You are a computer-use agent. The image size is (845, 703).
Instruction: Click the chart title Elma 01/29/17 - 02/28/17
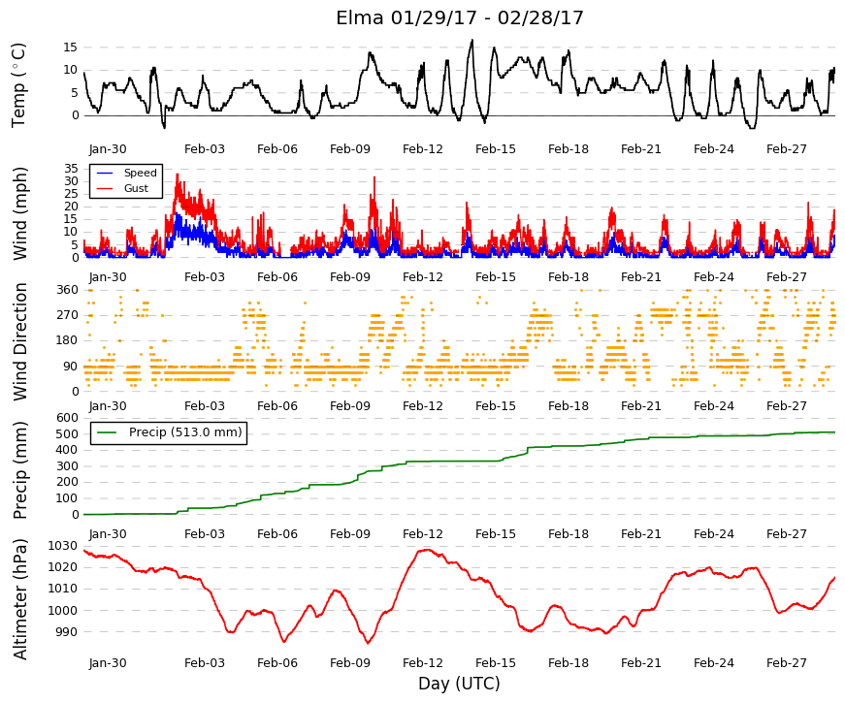(x=460, y=17)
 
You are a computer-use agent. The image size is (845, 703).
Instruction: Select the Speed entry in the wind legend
(x=140, y=173)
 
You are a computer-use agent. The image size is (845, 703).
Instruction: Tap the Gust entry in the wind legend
(x=136, y=188)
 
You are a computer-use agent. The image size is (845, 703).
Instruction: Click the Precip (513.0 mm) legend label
(x=185, y=432)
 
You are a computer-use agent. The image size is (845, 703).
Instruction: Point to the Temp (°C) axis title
(x=18, y=85)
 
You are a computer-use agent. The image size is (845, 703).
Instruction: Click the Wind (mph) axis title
(x=20, y=213)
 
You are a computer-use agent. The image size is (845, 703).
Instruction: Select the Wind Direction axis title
(x=20, y=342)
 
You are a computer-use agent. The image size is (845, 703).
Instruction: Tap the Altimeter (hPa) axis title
(x=20, y=599)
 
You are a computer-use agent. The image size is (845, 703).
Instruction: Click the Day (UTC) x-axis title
(x=459, y=684)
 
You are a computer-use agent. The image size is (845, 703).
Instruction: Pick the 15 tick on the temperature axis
(x=71, y=48)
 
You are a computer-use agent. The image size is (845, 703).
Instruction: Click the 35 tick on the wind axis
(x=71, y=168)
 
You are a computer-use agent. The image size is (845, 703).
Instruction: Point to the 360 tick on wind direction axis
(x=67, y=290)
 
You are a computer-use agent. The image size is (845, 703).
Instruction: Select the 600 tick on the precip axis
(x=67, y=418)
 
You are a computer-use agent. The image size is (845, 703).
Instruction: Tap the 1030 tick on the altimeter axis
(x=62, y=546)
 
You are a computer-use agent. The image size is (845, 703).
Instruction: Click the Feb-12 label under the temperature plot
(x=423, y=149)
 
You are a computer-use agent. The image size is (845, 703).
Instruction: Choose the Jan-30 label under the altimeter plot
(x=108, y=663)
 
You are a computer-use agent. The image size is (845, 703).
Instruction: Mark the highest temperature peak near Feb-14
(x=472, y=40)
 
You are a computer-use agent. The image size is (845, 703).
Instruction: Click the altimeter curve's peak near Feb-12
(x=427, y=550)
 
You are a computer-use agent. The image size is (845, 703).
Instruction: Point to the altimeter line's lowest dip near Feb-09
(x=369, y=643)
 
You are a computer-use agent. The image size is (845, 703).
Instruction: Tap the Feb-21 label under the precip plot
(x=641, y=534)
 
